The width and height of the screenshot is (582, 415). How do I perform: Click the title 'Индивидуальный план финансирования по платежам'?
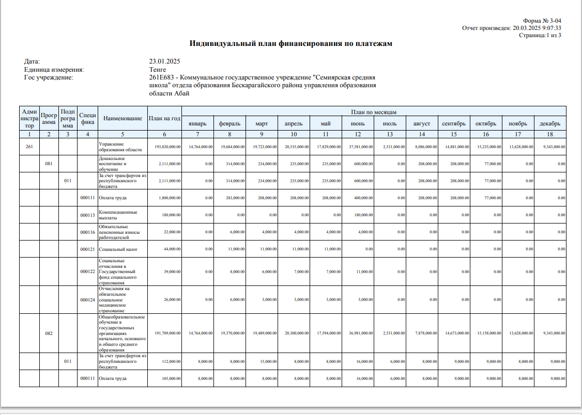click(x=290, y=44)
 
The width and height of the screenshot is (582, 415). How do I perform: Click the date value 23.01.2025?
click(x=164, y=61)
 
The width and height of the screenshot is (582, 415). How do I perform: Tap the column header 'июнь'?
click(x=358, y=124)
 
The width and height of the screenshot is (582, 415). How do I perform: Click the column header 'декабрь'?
click(x=550, y=124)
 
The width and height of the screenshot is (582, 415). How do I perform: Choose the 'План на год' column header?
click(x=164, y=119)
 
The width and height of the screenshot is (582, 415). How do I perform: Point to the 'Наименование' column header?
click(x=122, y=119)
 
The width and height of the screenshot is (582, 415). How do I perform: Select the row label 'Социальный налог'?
click(x=118, y=249)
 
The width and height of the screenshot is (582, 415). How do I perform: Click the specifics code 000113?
click(x=87, y=215)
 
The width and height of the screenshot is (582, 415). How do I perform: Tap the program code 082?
click(x=49, y=333)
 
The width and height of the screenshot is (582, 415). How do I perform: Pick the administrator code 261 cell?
click(x=29, y=147)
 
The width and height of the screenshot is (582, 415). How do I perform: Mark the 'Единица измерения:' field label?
click(x=54, y=70)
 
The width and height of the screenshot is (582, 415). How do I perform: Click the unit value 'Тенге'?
click(x=157, y=70)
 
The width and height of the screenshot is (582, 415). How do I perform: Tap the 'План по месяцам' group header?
click(x=374, y=112)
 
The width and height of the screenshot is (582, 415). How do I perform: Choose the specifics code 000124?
click(x=87, y=299)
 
